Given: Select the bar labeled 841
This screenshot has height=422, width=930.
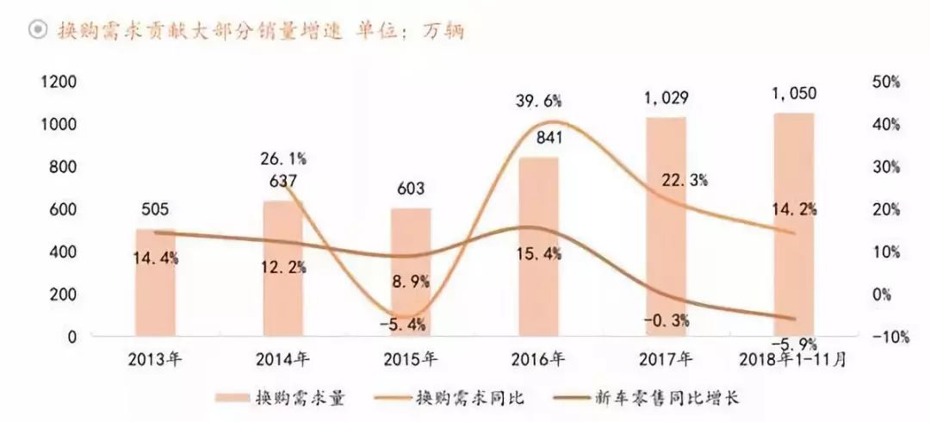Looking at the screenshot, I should point(538,250).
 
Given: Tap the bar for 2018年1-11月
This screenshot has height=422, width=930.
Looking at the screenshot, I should point(793,224).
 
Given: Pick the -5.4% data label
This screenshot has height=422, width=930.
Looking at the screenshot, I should point(409,326).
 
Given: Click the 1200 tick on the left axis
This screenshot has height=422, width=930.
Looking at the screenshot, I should point(59,83).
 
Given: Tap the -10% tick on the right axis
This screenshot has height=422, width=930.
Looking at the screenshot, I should point(890,338).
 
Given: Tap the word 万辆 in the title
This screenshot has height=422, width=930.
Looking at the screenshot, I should point(445,31).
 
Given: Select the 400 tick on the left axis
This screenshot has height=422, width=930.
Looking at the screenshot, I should point(65,252).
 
